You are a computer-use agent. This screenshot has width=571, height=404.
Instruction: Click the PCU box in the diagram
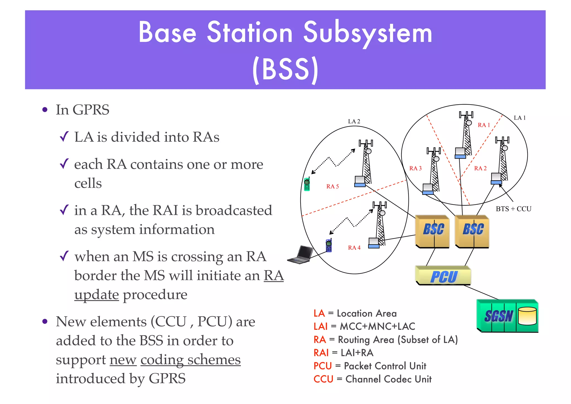pyautogui.click(x=443, y=276)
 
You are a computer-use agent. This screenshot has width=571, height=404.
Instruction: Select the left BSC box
pyautogui.click(x=433, y=231)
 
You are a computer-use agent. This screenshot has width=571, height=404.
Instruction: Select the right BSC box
pyautogui.click(x=472, y=231)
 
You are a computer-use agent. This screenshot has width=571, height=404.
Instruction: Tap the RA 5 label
pyautogui.click(x=332, y=186)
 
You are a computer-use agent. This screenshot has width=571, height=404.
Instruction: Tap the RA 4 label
pyautogui.click(x=354, y=247)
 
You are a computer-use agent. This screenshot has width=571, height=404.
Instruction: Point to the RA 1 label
pyautogui.click(x=484, y=125)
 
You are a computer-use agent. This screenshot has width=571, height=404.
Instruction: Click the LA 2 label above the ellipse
pyautogui.click(x=354, y=121)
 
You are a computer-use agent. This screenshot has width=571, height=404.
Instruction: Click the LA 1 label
pyautogui.click(x=519, y=118)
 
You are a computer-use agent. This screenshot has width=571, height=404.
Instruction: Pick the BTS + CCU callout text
pyautogui.click(x=513, y=209)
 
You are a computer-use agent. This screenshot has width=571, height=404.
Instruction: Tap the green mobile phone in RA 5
pyautogui.click(x=307, y=184)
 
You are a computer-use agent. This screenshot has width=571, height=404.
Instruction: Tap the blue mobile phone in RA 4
pyautogui.click(x=329, y=246)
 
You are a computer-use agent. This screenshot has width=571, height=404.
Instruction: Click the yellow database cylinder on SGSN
pyautogui.click(x=527, y=316)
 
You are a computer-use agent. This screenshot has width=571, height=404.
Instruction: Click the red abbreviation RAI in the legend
pyautogui.click(x=321, y=353)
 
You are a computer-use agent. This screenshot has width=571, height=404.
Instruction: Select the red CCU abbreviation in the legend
pyautogui.click(x=323, y=379)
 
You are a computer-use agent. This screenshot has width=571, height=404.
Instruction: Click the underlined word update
pyautogui.click(x=96, y=295)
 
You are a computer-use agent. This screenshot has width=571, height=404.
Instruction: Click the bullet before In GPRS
pyautogui.click(x=45, y=110)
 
